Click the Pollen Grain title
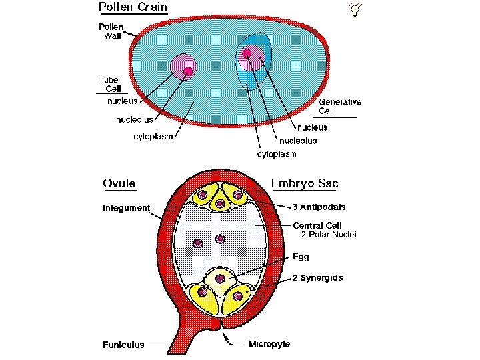point(133,8)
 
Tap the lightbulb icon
point(355,9)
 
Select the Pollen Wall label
point(111,31)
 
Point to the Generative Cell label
point(340,106)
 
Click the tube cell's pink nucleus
point(184,67)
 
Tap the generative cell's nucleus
point(251,59)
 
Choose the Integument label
point(126,208)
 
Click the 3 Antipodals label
point(318,189)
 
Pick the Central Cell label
point(317,225)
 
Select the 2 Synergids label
point(317,277)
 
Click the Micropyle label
point(269,344)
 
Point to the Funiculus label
point(123,345)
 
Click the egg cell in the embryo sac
point(219,278)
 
